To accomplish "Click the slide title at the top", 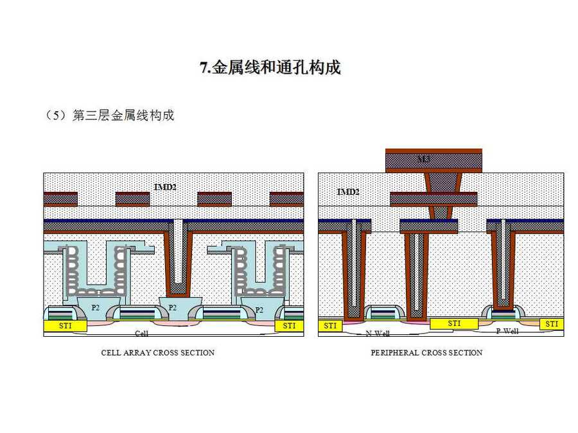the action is click(270, 67).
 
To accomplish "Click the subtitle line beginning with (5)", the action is click(110, 115).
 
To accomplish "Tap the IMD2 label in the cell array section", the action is click(165, 187).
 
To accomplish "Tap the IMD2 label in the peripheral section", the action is click(348, 192).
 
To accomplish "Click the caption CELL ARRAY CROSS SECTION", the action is click(158, 352).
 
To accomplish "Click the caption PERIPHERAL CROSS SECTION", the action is click(426, 352).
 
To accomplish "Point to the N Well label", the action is click(378, 334).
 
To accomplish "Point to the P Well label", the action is click(507, 331).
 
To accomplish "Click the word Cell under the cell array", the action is click(141, 334).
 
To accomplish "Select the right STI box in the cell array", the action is click(289, 326).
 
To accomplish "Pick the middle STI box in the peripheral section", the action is click(454, 323).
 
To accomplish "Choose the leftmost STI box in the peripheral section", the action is click(330, 326).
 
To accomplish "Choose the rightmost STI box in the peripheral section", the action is click(552, 324).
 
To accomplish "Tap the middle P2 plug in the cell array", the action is click(173, 307).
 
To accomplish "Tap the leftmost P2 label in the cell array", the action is click(95, 307).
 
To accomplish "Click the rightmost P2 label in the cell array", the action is click(259, 310).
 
